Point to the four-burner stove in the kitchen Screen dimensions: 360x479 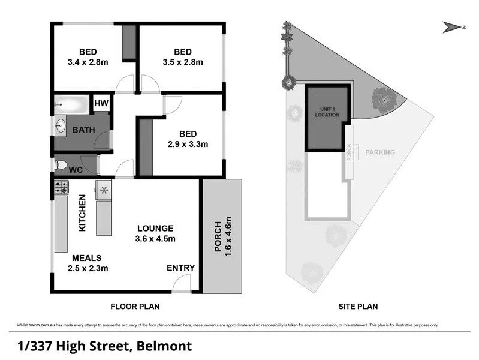coord(62,188)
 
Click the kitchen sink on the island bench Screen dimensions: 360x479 coord(104,190)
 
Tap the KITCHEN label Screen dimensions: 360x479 coord(84,214)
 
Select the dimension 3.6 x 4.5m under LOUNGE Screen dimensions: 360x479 coord(155,239)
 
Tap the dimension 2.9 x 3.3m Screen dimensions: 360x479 coord(188,144)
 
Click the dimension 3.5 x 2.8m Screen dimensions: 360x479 coord(183,62)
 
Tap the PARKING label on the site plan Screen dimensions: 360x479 coord(380,152)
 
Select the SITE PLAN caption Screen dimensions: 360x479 coord(360,307)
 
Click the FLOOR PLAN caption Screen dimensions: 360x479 coord(135,307)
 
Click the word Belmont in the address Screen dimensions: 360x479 coord(164,346)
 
